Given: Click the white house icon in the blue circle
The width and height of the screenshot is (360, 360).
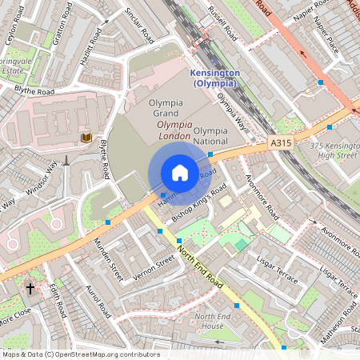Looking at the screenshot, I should click(x=180, y=173).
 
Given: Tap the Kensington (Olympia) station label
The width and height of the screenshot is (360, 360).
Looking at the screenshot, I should click(x=214, y=78).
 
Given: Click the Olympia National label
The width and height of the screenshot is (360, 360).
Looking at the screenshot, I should click(x=211, y=136).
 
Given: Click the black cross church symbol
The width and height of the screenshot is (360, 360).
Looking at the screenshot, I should click(x=30, y=287).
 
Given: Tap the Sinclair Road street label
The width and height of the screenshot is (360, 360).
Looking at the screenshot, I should click(x=141, y=26).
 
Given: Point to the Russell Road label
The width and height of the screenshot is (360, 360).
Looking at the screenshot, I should click(x=222, y=24).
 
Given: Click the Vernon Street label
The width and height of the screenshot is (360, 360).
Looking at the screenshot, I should click(x=154, y=267).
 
